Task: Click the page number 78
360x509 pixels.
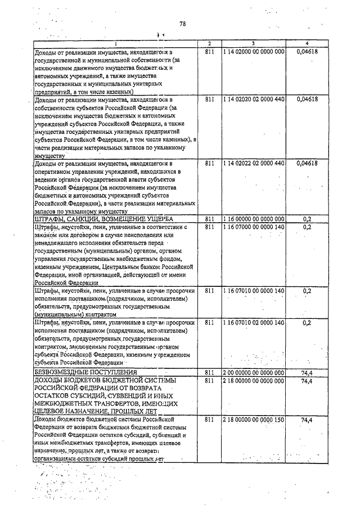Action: pos(182,24)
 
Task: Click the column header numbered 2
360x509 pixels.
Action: pos(209,43)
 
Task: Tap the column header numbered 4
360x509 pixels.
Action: pos(307,43)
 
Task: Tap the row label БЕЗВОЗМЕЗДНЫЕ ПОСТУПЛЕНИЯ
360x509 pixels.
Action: pos(86,372)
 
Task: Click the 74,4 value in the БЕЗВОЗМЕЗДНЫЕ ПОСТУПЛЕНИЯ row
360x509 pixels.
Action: pos(307,372)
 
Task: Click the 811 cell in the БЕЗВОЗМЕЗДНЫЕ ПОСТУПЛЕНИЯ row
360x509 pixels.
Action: pos(209,372)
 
